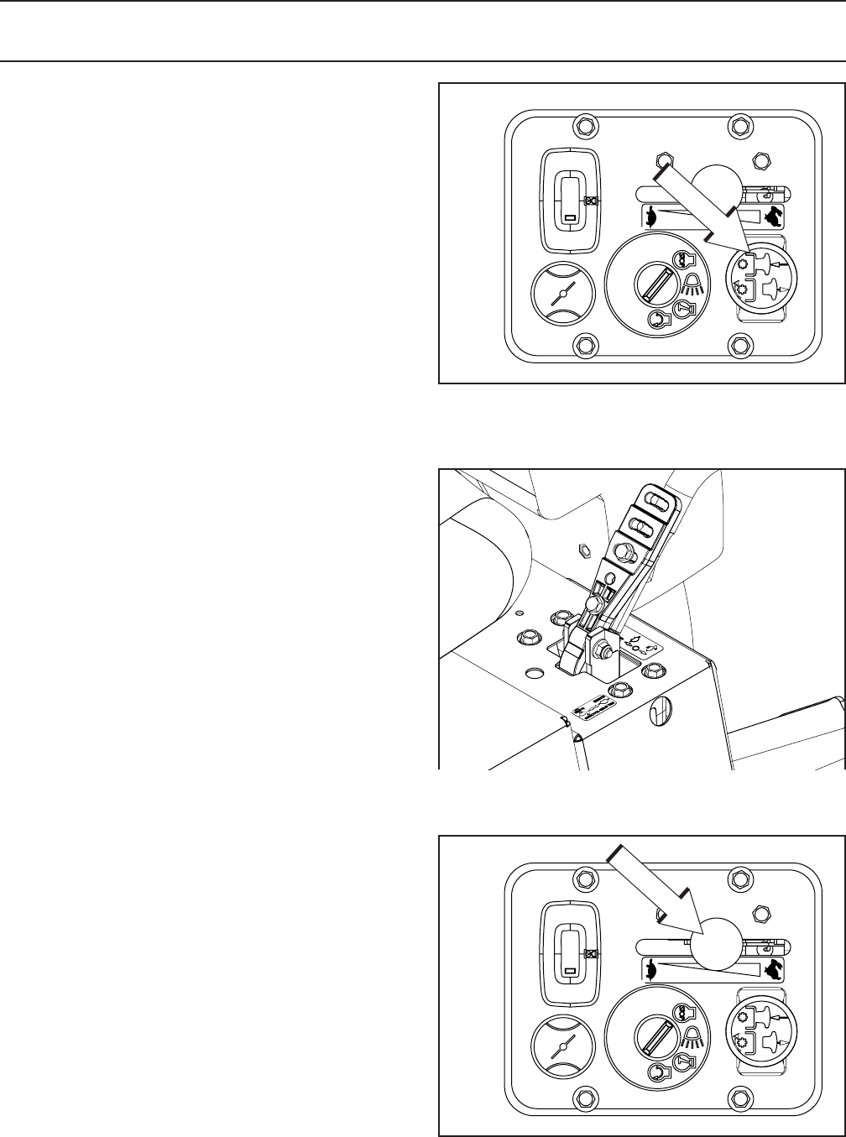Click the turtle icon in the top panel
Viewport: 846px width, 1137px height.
651,217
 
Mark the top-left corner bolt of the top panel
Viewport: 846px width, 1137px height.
584,126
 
